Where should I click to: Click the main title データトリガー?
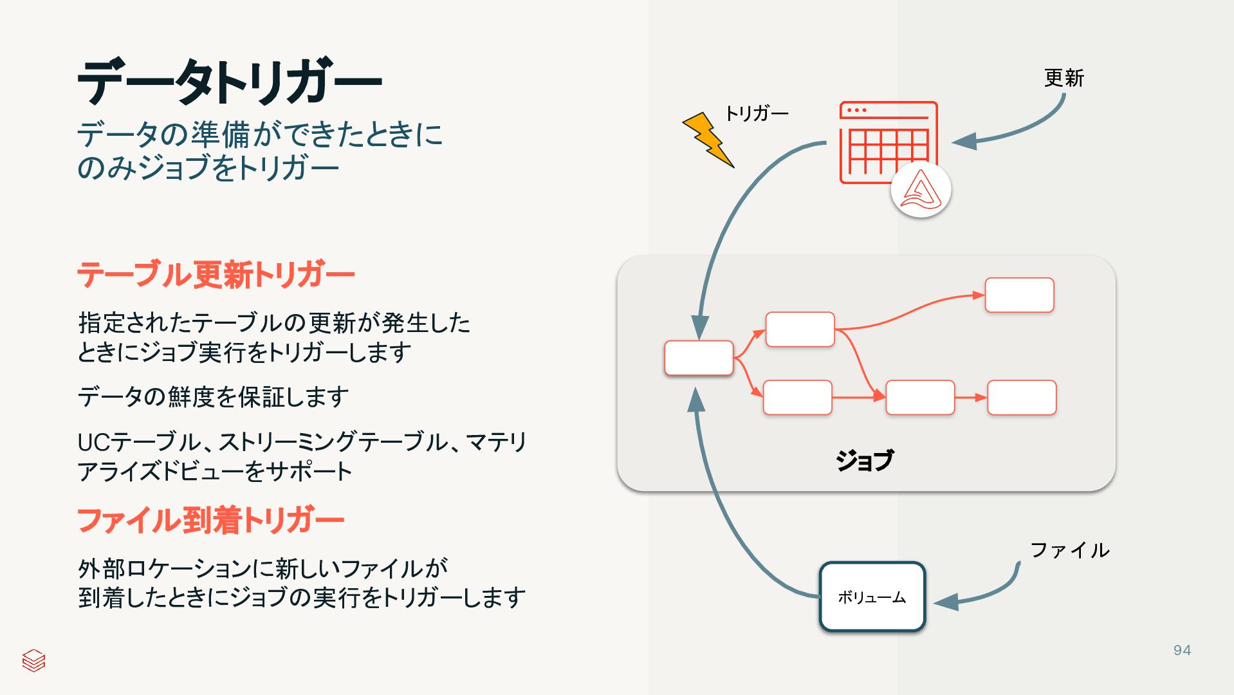[230, 82]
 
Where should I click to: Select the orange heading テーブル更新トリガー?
[216, 275]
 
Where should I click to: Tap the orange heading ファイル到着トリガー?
[210, 520]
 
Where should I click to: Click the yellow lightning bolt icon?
[708, 139]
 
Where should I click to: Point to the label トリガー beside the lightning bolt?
[757, 114]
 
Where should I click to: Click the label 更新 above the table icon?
[1064, 78]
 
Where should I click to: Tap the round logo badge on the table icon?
[921, 190]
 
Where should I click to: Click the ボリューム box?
[872, 597]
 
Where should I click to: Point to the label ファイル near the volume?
[1069, 550]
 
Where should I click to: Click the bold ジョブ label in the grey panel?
[864, 460]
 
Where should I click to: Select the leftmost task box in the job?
[699, 358]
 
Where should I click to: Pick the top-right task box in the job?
[1019, 295]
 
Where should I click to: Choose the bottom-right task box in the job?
[1022, 398]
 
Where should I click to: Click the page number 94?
[1182, 651]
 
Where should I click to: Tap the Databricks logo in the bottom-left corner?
[33, 660]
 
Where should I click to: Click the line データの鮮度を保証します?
[213, 396]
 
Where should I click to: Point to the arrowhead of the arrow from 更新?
[964, 142]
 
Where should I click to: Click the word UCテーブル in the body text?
[139, 442]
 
